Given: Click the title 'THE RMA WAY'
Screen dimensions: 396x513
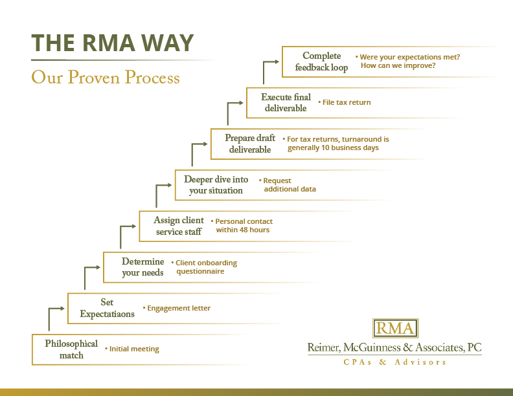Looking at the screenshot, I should tap(113, 43).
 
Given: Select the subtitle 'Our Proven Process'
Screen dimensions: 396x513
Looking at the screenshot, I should tap(106, 78).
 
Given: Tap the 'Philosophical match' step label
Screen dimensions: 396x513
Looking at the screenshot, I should tap(71, 349).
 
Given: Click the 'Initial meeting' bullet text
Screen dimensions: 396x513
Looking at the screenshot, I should tap(134, 349).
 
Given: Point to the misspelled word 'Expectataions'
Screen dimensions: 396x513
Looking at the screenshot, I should tap(108, 314).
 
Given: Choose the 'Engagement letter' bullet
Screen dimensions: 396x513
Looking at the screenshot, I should tap(179, 309).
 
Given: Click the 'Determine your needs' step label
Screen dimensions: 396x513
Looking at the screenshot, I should tap(142, 267).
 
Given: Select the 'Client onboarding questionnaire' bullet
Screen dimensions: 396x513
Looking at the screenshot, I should tap(206, 267).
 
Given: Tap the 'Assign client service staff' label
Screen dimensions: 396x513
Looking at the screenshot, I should tap(179, 226).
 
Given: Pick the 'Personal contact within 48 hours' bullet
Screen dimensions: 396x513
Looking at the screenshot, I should tap(244, 226).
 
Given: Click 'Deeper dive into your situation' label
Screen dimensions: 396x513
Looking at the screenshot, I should tap(216, 185).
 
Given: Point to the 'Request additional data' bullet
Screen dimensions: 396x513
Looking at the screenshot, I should tap(289, 185).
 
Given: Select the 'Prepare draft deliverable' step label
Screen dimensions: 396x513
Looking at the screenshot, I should tap(250, 144).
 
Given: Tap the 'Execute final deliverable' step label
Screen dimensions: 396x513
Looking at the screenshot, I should tap(286, 103).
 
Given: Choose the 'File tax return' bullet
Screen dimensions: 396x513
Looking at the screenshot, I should tap(347, 102).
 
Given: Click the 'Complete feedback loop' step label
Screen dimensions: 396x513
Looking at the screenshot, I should tap(321, 62).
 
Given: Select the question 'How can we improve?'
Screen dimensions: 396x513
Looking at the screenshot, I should tap(398, 66).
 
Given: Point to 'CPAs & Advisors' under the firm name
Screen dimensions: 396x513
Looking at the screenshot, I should tap(395, 362).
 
